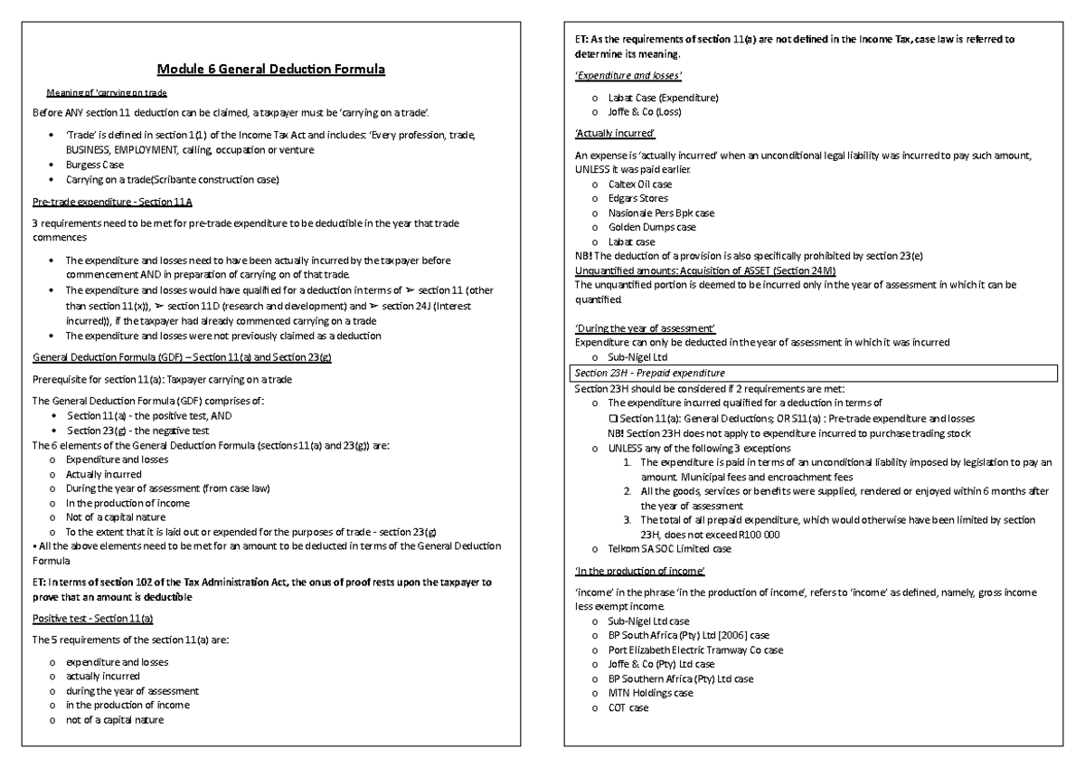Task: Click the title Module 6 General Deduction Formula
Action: click(271, 69)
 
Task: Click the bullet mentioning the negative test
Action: click(139, 430)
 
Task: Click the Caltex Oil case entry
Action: click(640, 184)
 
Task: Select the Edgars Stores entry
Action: click(638, 198)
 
